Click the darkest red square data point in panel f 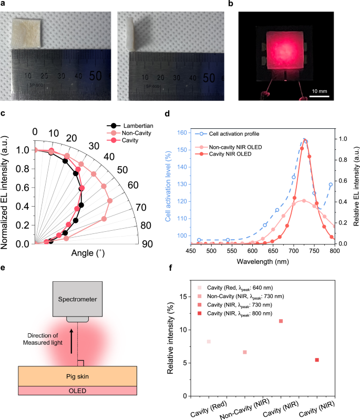click(317, 360)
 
